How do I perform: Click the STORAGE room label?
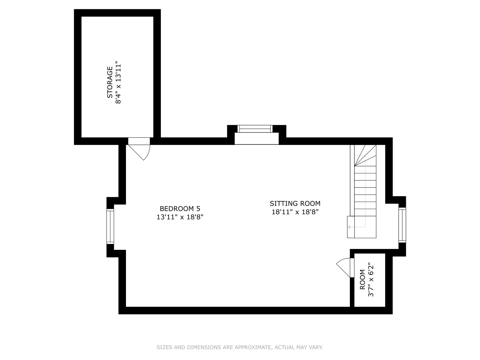(110, 82)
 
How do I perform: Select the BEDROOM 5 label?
(180, 209)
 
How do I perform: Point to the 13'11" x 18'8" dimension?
(180, 217)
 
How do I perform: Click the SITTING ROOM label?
(295, 203)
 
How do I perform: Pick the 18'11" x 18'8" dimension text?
(295, 212)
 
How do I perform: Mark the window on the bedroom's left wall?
(110, 226)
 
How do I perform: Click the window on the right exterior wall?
(402, 225)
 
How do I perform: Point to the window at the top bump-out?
(255, 129)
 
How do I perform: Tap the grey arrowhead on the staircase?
(349, 227)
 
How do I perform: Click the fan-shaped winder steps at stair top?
(365, 155)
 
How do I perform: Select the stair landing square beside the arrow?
(351, 227)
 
